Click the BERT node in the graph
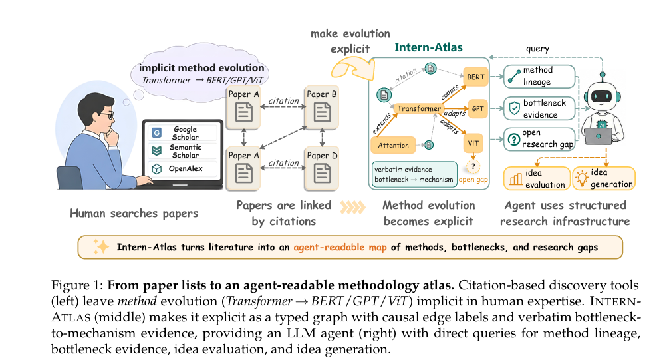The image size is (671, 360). click(475, 77)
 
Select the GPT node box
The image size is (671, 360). click(477, 108)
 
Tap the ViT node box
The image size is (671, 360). click(473, 143)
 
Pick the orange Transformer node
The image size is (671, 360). click(418, 108)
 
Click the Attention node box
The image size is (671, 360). click(393, 146)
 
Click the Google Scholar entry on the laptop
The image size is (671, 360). click(182, 133)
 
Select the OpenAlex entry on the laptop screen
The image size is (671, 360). click(182, 168)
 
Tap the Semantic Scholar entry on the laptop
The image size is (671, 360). click(182, 151)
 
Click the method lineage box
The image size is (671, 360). click(539, 77)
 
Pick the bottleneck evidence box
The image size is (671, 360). click(539, 108)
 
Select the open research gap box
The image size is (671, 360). click(539, 139)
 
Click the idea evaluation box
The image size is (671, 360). click(537, 178)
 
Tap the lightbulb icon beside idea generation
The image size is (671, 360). click(582, 178)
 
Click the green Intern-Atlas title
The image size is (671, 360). click(428, 47)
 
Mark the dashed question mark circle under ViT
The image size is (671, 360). click(473, 166)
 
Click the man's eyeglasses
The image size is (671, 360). click(108, 116)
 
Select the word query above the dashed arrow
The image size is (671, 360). click(537, 49)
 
